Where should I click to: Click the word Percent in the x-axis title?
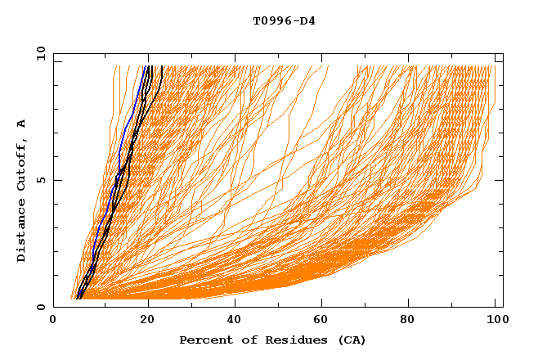[204, 340]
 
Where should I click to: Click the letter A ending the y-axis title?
[21, 123]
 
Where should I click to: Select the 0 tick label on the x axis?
[53, 320]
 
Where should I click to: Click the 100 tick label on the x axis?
[495, 320]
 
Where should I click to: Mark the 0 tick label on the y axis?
[41, 307]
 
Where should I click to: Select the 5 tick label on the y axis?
[41, 180]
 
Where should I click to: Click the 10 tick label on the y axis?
[38, 53]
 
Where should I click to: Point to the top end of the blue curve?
[146, 66]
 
